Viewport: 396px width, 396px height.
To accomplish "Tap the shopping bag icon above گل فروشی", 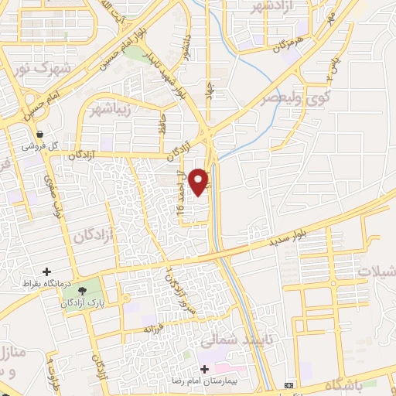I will (x=39, y=135).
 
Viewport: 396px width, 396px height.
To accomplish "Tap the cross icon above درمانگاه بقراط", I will (x=48, y=271).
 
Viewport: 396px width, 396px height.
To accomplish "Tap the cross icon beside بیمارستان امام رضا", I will (x=204, y=370).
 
